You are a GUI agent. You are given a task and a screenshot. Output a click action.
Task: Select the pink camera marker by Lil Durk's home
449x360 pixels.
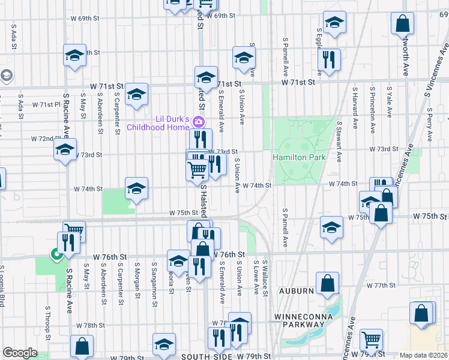[x=199, y=122]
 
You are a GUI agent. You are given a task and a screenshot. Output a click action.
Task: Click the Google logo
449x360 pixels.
[x=20, y=353]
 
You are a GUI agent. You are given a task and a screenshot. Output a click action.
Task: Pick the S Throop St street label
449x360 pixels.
[x=47, y=321]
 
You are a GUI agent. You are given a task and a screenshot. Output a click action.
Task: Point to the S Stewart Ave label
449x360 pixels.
[x=339, y=142]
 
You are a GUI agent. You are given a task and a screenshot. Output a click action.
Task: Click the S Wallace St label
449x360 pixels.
[x=265, y=277]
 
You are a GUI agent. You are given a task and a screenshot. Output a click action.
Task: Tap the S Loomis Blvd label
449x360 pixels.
[x=2, y=286]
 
